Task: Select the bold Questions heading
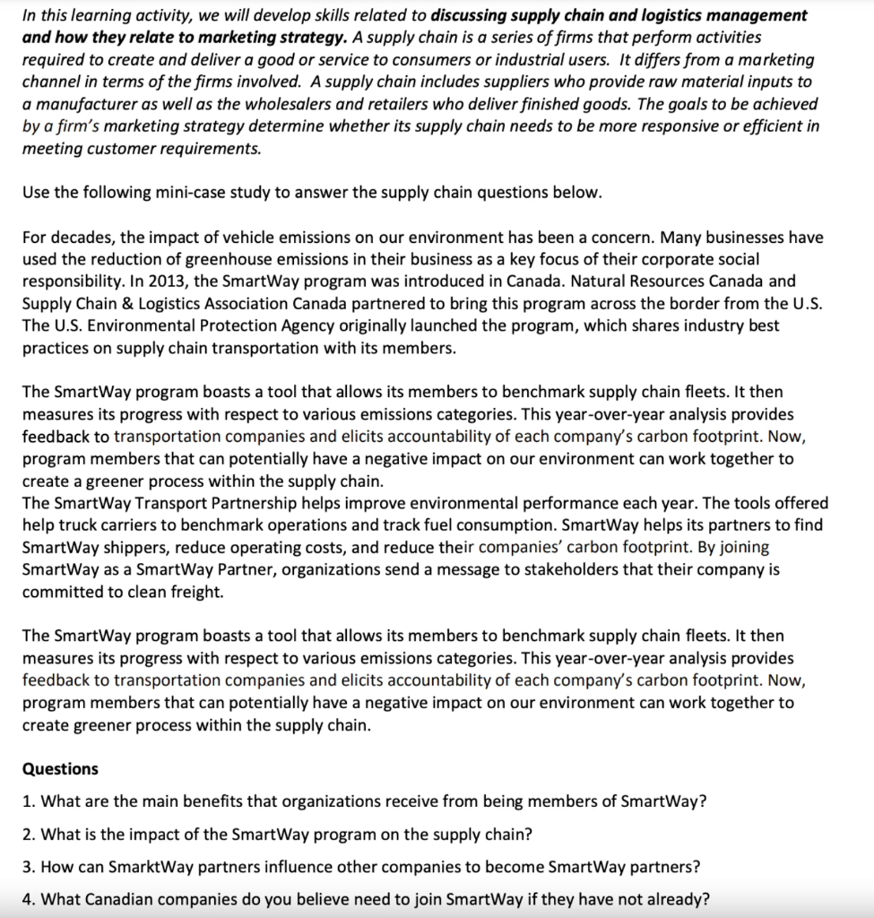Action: (60, 768)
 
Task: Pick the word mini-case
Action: (197, 193)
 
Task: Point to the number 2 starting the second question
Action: (27, 835)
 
